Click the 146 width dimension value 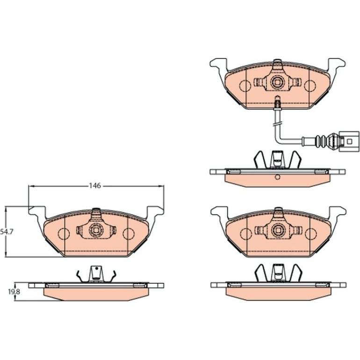[x=95, y=186]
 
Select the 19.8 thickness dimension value [x=14, y=292]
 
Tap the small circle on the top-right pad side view [x=278, y=177]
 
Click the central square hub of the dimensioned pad [x=96, y=230]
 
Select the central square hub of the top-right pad [x=278, y=81]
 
